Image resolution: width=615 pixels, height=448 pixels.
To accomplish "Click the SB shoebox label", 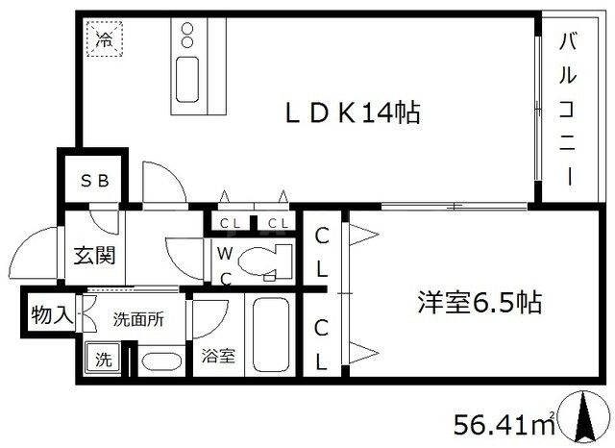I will (x=92, y=180).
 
